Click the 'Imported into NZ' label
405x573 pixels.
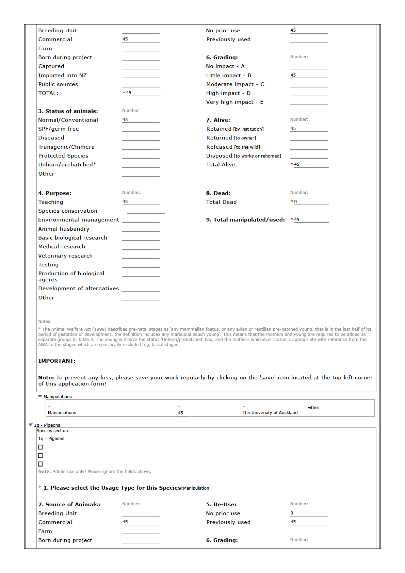point(62,76)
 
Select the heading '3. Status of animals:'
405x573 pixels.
point(68,111)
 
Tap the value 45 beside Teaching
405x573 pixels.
point(125,202)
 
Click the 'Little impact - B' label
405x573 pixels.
point(228,76)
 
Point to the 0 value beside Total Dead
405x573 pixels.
point(295,202)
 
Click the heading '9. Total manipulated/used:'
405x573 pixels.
point(245,220)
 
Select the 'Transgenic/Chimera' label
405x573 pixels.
point(66,147)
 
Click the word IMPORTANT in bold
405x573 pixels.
point(57,361)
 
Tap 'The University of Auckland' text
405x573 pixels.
point(270,413)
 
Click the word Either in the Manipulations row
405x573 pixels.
point(313,408)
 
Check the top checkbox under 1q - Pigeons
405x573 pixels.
point(40,447)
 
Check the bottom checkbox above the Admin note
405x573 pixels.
point(40,464)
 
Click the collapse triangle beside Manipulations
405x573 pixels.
point(40,396)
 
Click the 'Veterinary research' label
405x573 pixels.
point(65,256)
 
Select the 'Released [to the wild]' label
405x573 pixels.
point(233,147)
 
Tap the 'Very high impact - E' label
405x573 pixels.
point(234,102)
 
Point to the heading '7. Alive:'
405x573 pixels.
point(218,120)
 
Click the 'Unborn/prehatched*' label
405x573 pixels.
point(67,165)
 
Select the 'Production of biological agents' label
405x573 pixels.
point(71,277)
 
